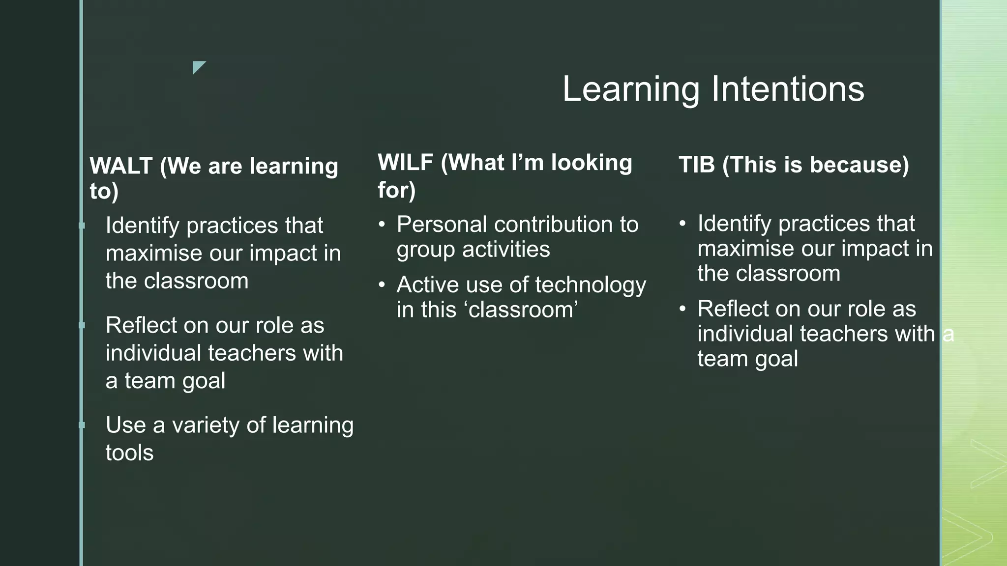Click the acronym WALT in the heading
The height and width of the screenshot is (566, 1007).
click(121, 166)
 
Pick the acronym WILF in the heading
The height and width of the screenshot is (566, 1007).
click(406, 163)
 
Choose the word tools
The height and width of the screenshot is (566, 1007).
click(129, 453)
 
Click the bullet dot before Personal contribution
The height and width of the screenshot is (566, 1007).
click(382, 225)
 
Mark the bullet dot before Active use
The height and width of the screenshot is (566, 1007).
click(382, 285)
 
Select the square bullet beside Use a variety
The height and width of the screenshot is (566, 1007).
click(82, 425)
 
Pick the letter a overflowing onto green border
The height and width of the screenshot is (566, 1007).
click(948, 335)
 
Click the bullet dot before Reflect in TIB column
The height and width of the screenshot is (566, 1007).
click(682, 309)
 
